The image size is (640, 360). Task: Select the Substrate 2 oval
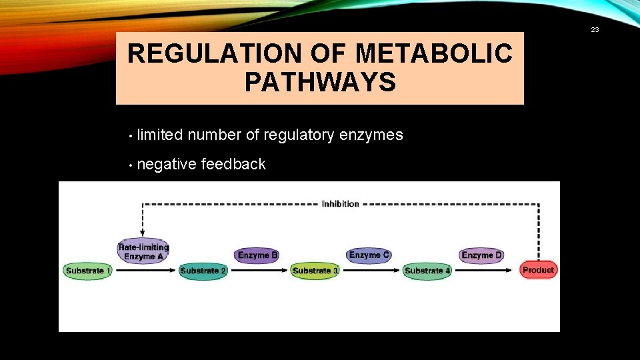(x=203, y=271)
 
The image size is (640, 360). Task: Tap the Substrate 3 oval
(x=315, y=271)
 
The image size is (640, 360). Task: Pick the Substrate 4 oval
(x=427, y=271)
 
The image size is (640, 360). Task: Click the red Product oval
(x=538, y=270)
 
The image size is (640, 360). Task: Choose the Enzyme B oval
(x=258, y=255)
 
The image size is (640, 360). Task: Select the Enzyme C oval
(x=369, y=255)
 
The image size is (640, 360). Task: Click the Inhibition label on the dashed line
(x=340, y=204)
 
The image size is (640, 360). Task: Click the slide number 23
(x=595, y=29)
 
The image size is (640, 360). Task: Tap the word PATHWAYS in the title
(x=320, y=83)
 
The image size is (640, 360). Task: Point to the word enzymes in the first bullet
(x=371, y=135)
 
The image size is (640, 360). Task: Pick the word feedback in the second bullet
(x=233, y=165)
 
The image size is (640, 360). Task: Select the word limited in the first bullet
(x=160, y=135)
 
